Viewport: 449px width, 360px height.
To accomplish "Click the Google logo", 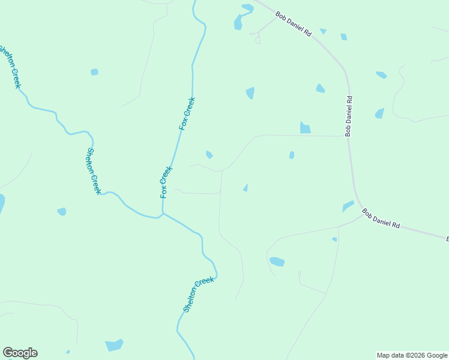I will point(20,353).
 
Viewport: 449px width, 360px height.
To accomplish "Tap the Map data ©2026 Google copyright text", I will point(412,355).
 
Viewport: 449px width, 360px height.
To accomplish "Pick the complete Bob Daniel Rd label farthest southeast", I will point(381,218).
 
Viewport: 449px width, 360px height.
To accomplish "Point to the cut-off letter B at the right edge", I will point(447,239).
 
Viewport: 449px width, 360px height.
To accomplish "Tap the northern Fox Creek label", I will point(187,113).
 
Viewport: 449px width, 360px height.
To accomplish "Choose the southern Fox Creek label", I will point(166,182).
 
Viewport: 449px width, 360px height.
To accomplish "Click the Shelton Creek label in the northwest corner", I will point(10,66).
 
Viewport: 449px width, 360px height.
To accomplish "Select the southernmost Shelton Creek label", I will point(198,295).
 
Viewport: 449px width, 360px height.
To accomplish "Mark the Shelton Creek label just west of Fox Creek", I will point(94,171).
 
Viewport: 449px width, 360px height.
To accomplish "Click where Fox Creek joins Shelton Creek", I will point(163,213).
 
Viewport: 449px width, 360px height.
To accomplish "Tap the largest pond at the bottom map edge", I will point(113,345).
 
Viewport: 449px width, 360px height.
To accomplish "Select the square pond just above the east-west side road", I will point(305,127).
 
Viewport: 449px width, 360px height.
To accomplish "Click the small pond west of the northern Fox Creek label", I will point(94,72).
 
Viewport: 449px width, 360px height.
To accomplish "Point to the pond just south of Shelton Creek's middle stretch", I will point(62,211).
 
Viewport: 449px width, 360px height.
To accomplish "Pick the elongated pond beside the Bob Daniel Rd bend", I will point(348,206).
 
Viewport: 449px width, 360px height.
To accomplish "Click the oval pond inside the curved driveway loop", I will point(277,261).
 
